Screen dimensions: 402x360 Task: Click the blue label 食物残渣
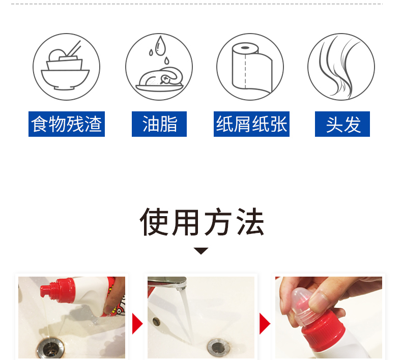coord(67,124)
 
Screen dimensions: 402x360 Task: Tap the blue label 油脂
coord(159,124)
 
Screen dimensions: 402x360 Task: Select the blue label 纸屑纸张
coord(251,124)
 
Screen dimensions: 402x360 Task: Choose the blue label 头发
coord(342,124)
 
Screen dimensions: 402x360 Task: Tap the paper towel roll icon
coord(251,67)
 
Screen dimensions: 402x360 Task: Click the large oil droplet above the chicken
coord(160,46)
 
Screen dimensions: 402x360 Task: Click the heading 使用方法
coord(202,222)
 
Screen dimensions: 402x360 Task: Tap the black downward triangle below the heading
coord(201,251)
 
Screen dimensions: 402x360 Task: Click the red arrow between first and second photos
coord(137,323)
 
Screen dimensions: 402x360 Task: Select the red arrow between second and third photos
coord(265,323)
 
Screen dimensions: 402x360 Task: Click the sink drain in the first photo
coord(51,348)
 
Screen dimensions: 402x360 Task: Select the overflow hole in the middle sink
coord(156,321)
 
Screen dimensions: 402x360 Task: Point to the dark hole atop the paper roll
coord(245,48)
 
